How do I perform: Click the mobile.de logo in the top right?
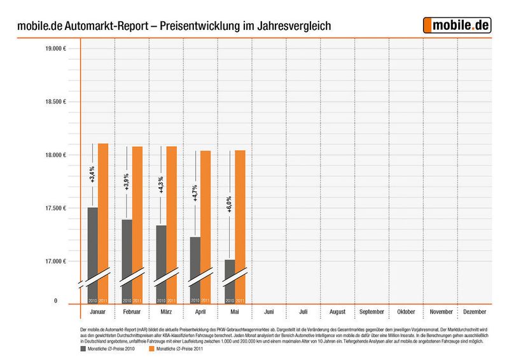click(x=458, y=25)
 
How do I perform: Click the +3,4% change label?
click(x=92, y=174)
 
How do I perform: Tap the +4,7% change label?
click(x=195, y=193)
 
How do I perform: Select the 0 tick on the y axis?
click(x=55, y=300)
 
